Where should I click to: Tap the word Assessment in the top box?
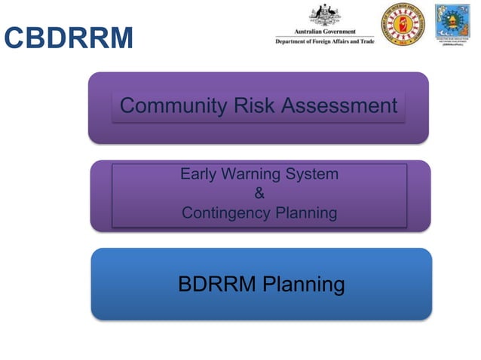[x=339, y=106]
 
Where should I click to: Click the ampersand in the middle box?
[x=259, y=194]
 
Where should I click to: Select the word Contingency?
[x=225, y=213]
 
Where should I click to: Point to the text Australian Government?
[x=324, y=33]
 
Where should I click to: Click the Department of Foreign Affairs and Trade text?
[x=324, y=42]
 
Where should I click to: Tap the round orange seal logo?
[x=403, y=25]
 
